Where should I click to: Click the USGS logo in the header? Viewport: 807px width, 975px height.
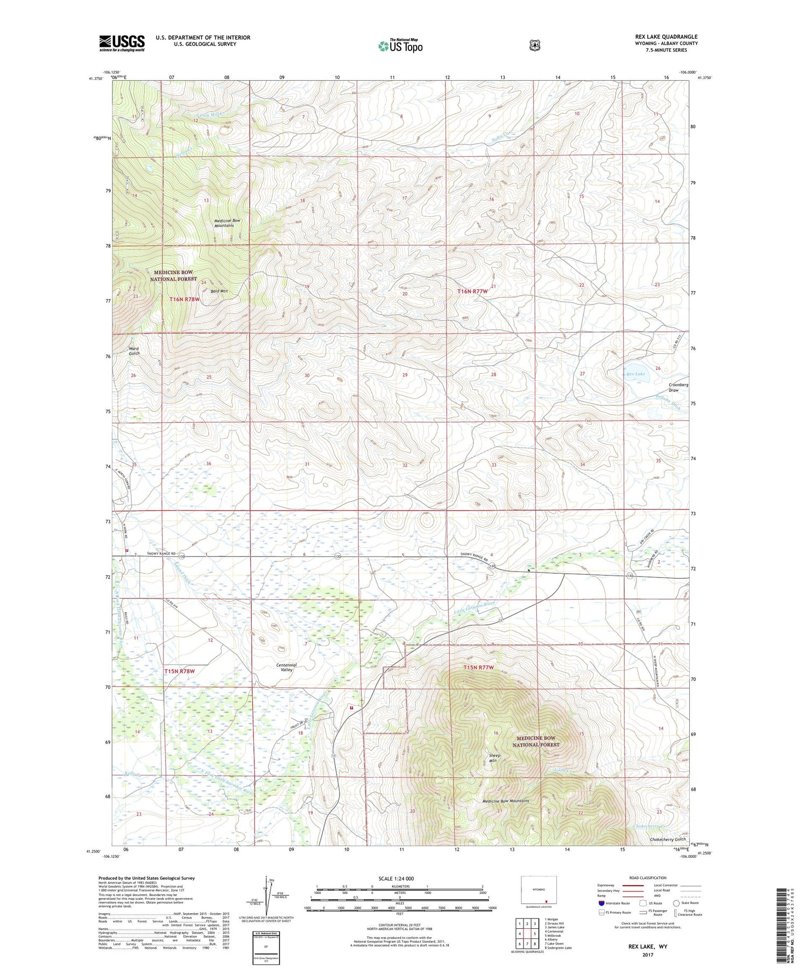[x=122, y=43]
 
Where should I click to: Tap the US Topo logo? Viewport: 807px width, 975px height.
[x=400, y=46]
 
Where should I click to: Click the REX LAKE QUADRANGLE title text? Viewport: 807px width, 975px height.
[x=666, y=37]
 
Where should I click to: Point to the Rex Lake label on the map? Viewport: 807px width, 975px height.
[x=635, y=374]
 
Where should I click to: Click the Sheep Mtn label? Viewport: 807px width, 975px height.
[x=494, y=758]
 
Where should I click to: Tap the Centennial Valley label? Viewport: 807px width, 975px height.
[x=286, y=667]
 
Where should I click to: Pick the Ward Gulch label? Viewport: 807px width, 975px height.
[x=134, y=351]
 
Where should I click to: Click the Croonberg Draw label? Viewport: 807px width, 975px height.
[x=678, y=387]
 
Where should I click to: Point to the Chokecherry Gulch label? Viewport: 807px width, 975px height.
[x=668, y=839]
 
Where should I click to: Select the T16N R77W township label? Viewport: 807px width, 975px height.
[x=472, y=291]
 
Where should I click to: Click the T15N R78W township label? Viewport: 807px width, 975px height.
[x=179, y=671]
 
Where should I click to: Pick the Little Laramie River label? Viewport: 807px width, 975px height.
[x=474, y=606]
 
